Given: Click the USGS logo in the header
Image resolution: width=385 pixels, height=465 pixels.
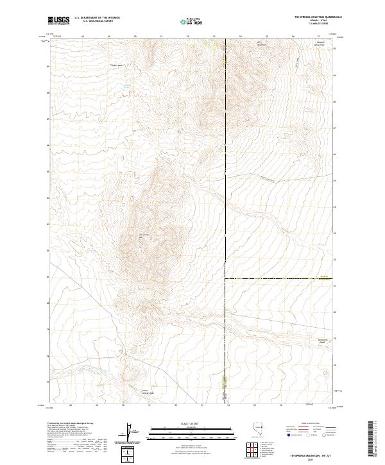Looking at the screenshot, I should click(x=58, y=21).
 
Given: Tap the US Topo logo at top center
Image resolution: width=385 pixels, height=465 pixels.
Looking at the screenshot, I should click(x=190, y=22).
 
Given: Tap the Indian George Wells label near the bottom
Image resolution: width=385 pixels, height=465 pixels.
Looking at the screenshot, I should click(x=148, y=392).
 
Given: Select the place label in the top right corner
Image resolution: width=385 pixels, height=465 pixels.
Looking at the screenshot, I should click(x=319, y=45).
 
